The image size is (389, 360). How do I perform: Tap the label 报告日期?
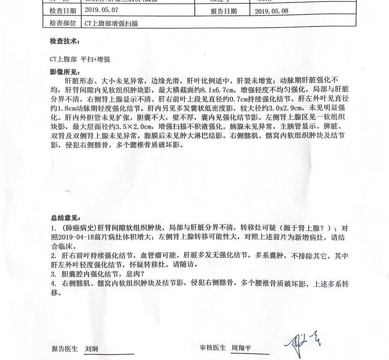[x=224, y=11]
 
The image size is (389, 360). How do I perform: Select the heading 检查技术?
[x=64, y=41]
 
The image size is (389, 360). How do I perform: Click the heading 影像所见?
[x=64, y=72]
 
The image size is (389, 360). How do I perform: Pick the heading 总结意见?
[x=64, y=218]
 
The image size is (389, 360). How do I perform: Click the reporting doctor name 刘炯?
[x=92, y=349]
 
